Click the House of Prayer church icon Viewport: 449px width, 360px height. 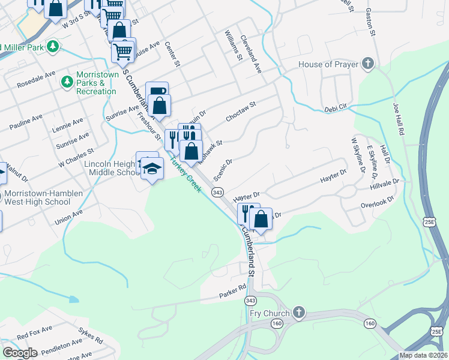coord(367,64)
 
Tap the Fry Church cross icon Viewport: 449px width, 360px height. coord(298,313)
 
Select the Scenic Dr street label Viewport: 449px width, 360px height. coord(223,168)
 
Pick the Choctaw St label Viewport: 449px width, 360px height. coord(241,112)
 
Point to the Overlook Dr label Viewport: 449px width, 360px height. coord(377,203)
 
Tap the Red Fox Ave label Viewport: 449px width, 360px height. coord(34,329)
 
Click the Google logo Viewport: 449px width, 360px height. coord(19,352)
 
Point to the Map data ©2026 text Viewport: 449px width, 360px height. coord(423,355)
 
